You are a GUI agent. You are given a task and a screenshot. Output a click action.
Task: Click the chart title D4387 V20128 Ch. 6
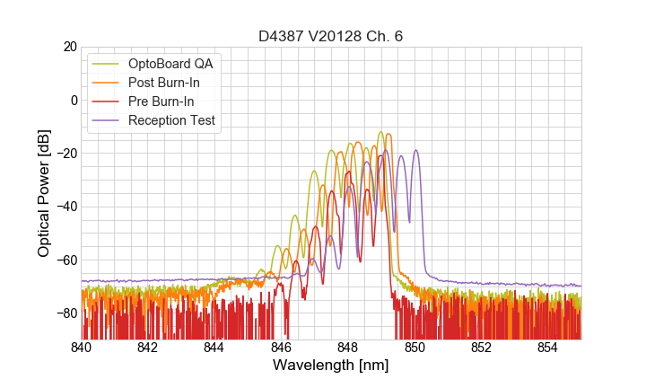point(331,36)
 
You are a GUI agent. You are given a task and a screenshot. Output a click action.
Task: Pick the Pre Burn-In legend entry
point(161,101)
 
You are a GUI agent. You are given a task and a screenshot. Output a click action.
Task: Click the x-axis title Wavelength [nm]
point(331,366)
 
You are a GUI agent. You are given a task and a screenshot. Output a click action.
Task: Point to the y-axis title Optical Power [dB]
point(44,192)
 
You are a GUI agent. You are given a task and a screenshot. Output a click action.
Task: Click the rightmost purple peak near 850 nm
point(415,151)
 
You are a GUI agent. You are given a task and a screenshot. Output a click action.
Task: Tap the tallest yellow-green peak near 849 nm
point(380,133)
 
